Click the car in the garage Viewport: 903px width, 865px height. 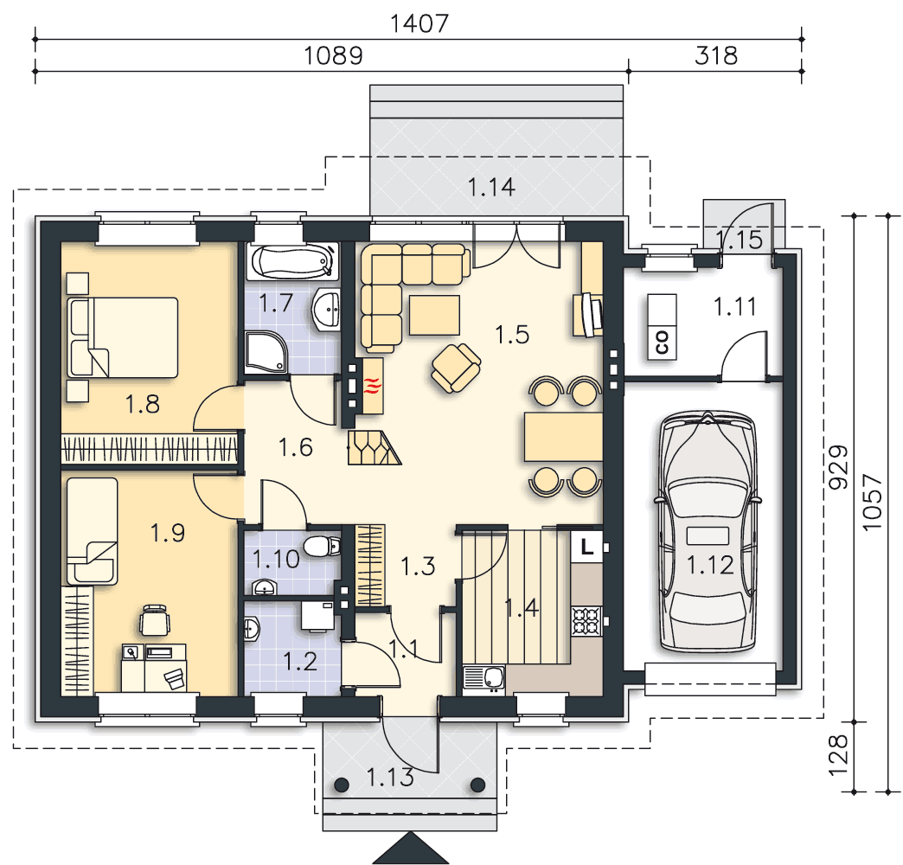(x=708, y=532)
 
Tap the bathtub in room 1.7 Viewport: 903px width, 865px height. (x=293, y=262)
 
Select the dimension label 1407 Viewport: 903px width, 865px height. (x=419, y=23)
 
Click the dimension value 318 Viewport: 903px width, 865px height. (x=716, y=56)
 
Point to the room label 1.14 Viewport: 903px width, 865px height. (x=491, y=187)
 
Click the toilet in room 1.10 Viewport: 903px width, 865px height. (x=322, y=546)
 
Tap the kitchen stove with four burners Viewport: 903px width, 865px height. (x=586, y=621)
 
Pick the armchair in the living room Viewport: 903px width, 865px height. (x=456, y=368)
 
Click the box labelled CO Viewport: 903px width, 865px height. (x=662, y=327)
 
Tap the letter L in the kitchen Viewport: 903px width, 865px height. (x=586, y=547)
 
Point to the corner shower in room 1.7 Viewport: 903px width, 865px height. (x=266, y=352)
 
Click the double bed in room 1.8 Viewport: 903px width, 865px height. (x=122, y=337)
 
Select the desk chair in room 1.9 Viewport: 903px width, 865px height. (x=154, y=620)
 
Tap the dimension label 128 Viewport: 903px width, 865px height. (x=838, y=755)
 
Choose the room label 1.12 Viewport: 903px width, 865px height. (x=711, y=566)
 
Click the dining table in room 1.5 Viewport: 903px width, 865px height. (x=563, y=437)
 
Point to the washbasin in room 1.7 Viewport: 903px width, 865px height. (x=326, y=310)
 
